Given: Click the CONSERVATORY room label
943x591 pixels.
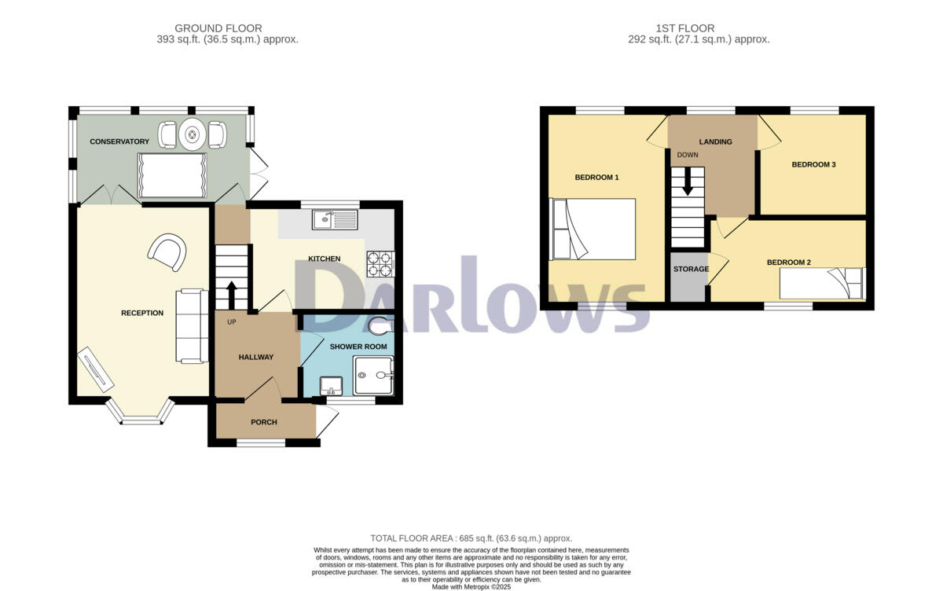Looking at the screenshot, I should [119, 141].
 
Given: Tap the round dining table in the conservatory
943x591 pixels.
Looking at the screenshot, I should [193, 134].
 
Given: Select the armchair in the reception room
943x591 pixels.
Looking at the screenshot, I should [167, 251].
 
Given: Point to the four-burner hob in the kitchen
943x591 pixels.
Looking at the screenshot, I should [380, 263].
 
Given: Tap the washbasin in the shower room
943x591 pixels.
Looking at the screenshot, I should [332, 384].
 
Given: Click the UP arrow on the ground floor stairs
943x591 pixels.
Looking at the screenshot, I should [231, 295].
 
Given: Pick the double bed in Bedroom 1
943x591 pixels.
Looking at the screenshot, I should [593, 229].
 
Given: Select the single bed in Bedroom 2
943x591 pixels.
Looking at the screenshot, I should [821, 284].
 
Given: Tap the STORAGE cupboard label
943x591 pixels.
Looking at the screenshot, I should [691, 269].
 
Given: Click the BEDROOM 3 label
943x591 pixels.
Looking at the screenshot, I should [813, 164].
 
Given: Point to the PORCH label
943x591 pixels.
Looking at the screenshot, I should [263, 422].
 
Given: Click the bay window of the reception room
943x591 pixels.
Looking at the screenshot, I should [140, 417].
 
